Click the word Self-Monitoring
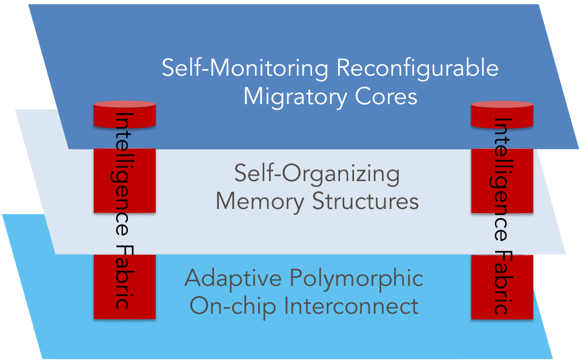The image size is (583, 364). (245, 68)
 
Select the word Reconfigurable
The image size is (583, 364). (418, 69)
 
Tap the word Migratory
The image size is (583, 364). (295, 98)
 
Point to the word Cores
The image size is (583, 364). (386, 96)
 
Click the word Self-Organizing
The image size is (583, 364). (317, 174)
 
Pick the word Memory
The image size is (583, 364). (260, 202)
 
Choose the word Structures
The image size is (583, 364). (365, 201)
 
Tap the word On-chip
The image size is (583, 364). (233, 307)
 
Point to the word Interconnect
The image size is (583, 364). (351, 306)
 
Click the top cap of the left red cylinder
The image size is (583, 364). (125, 104)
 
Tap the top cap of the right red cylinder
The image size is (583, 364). (502, 104)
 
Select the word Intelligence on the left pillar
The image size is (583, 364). (122, 174)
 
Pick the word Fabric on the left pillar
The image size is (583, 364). (122, 277)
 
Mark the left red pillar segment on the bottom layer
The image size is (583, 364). (125, 286)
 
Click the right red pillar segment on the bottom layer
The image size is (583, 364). (502, 286)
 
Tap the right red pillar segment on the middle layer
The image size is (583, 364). (502, 181)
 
